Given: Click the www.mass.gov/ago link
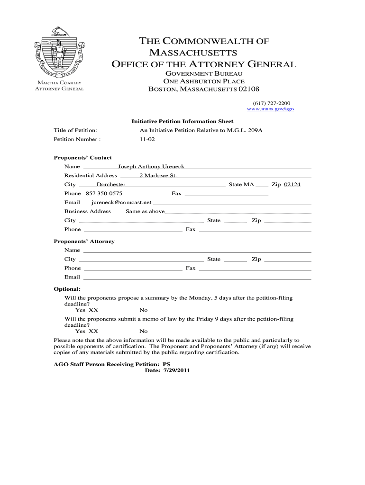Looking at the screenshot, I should click(271, 109).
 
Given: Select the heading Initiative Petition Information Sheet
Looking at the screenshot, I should click(182, 121).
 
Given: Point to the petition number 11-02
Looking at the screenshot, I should click(147, 139).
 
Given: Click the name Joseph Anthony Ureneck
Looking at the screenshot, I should click(151, 166).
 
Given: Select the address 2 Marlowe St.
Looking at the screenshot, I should click(157, 175).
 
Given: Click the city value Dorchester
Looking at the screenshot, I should click(111, 184).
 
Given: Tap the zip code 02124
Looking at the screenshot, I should click(292, 184).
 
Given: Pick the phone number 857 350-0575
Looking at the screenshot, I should click(104, 193).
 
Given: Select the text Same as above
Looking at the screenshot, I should click(145, 211).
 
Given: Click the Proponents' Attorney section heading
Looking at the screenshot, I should click(84, 241).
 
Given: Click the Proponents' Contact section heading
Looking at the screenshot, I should click(82, 158).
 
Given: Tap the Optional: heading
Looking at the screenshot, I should click(67, 289).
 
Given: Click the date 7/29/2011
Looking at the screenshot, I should click(176, 370).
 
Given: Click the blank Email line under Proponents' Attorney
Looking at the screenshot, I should click(197, 277).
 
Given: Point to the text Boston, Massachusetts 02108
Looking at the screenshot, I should click(204, 89).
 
